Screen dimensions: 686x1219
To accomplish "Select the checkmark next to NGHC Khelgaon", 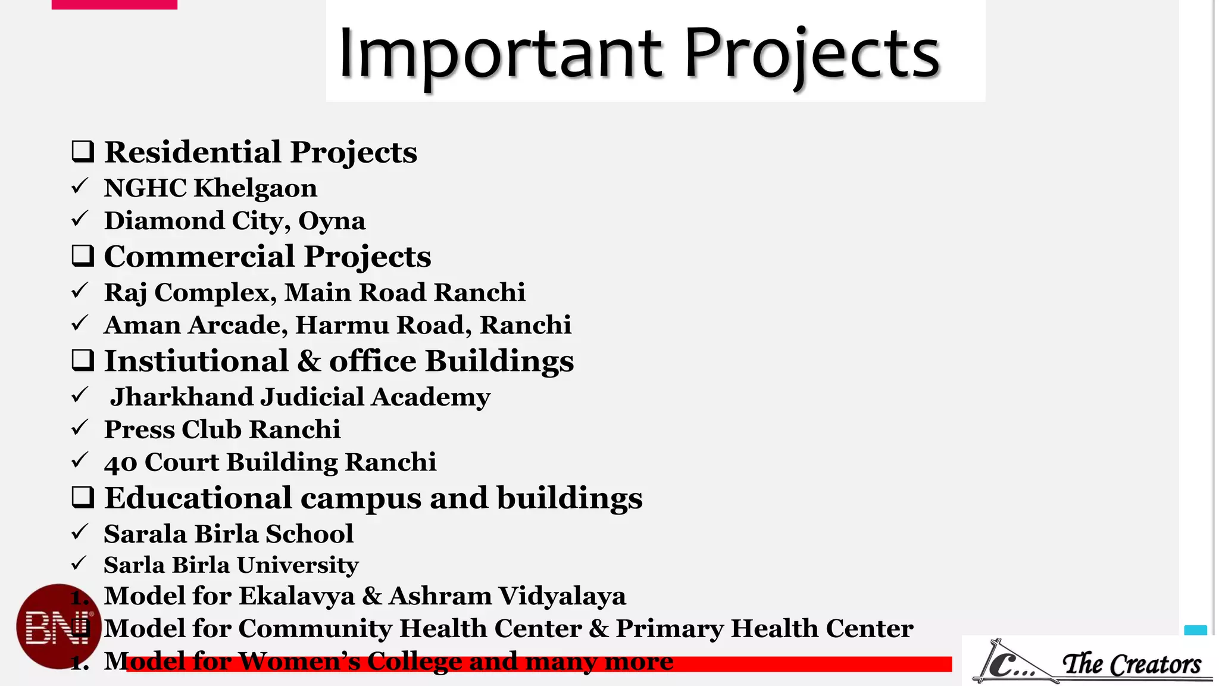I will pos(80,186).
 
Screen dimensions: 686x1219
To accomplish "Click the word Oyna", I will pos(332,221).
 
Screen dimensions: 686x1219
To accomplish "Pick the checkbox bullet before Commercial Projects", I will pos(83,256).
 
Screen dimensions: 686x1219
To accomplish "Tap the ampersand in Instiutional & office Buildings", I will pos(308,361).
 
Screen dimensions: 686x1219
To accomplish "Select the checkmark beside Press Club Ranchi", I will pos(80,428).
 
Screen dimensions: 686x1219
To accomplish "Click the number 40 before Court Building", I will pos(120,463).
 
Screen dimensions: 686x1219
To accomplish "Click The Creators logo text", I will pos(1131,663).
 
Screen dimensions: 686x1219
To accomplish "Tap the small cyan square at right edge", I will pos(1195,631).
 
